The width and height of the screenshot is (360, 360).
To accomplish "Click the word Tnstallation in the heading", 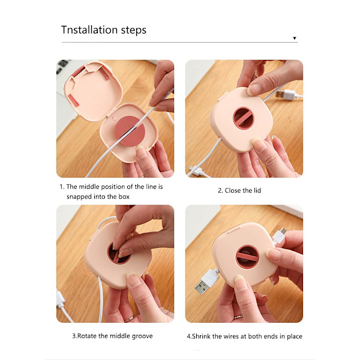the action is (89, 30).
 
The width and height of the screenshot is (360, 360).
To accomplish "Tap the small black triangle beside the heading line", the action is (295, 38).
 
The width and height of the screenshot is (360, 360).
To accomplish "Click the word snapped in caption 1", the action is (77, 197).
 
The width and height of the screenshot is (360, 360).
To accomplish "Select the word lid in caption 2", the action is (257, 190).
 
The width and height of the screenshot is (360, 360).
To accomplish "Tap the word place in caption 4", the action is (295, 337).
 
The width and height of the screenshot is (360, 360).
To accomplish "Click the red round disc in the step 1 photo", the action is (130, 134).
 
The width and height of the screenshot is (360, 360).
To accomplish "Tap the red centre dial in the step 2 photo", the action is (243, 118).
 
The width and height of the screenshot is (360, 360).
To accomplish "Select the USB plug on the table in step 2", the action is (286, 94).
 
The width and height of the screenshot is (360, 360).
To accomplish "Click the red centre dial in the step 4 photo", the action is (248, 256).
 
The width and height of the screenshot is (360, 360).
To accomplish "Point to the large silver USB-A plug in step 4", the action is (206, 283).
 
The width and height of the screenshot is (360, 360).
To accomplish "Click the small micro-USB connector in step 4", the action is (280, 235).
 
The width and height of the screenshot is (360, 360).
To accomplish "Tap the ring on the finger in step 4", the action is (238, 317).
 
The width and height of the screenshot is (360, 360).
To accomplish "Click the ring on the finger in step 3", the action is (128, 319).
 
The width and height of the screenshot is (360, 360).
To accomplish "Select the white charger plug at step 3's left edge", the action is (60, 299).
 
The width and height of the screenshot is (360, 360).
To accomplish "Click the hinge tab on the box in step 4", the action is (234, 229).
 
